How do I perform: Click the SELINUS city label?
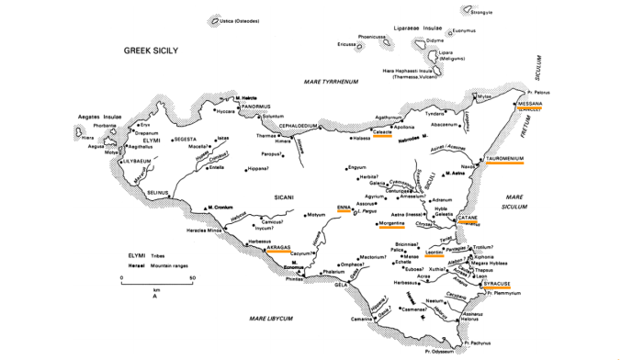[x=160, y=192]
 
